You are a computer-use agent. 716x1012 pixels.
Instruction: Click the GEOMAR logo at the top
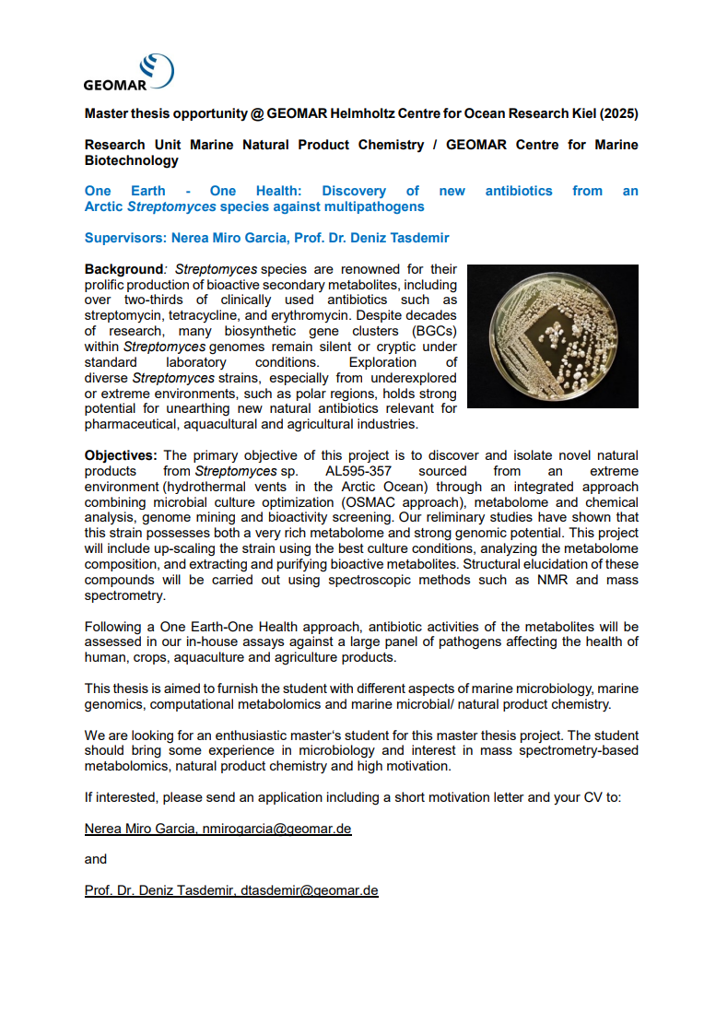(128, 73)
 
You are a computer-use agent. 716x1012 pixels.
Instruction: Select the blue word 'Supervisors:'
(125, 238)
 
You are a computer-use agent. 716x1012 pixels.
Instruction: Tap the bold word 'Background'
(123, 269)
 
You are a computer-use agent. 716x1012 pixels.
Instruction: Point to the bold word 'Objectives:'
(122, 455)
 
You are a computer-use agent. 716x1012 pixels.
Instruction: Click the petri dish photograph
(553, 336)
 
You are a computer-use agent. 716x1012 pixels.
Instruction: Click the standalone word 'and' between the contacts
(96, 859)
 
